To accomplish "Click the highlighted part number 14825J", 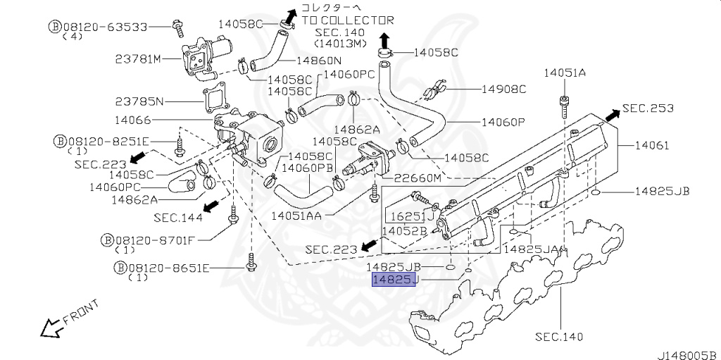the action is tap(394, 279).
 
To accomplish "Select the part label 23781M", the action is tap(138, 59).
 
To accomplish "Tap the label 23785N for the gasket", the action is tap(139, 101).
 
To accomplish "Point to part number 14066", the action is tap(132, 120).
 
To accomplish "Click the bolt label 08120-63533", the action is tap(105, 26).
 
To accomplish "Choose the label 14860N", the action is tap(319, 60).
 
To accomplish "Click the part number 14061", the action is tap(652, 145).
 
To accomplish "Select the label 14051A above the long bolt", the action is tap(565, 73).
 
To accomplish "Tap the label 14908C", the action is tap(503, 89).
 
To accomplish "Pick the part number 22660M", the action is tap(410, 178).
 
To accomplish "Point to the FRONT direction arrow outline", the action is tap(51, 329).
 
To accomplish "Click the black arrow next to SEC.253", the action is tap(612, 116).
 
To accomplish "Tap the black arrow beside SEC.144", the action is tap(211, 206).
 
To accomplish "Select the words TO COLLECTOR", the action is tap(348, 20).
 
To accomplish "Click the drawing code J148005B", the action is tap(689, 355).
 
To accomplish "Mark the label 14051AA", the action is tap(296, 215).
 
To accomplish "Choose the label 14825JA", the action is tap(530, 249).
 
